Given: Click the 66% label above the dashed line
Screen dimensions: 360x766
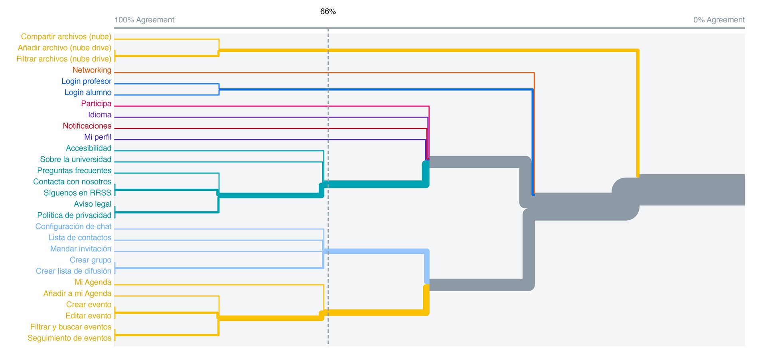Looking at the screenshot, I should tap(328, 12).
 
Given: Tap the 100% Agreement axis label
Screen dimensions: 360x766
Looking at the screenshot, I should tap(144, 20).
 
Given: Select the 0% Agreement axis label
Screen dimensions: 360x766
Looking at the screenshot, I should tap(719, 20).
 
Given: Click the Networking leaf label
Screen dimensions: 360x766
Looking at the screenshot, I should tap(92, 70).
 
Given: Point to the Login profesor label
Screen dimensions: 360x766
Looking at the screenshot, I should tap(86, 81).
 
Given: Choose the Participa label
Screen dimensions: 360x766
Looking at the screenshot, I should tap(96, 104).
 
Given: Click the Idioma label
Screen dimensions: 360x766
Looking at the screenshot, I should tap(100, 115).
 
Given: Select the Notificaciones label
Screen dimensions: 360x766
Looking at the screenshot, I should tap(87, 126).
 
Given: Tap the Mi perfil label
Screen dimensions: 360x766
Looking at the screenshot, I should tap(98, 137).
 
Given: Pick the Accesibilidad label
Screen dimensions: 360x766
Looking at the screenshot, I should tap(89, 148).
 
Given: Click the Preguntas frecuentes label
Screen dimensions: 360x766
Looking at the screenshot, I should tap(74, 171).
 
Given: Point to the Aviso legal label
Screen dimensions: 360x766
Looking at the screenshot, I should tap(93, 204).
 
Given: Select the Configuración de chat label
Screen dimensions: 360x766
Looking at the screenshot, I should tap(73, 227).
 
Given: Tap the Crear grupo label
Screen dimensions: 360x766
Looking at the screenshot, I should tap(91, 260).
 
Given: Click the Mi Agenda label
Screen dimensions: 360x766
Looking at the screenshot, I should tap(93, 283).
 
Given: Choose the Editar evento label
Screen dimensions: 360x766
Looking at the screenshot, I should tap(88, 316).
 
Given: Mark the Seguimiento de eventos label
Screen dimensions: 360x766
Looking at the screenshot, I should tap(69, 338).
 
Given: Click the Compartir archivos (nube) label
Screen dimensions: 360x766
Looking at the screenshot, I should tap(66, 37).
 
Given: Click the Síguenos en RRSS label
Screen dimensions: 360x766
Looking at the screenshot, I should tap(77, 193).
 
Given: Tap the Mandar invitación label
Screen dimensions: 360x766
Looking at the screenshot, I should tap(81, 249).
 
